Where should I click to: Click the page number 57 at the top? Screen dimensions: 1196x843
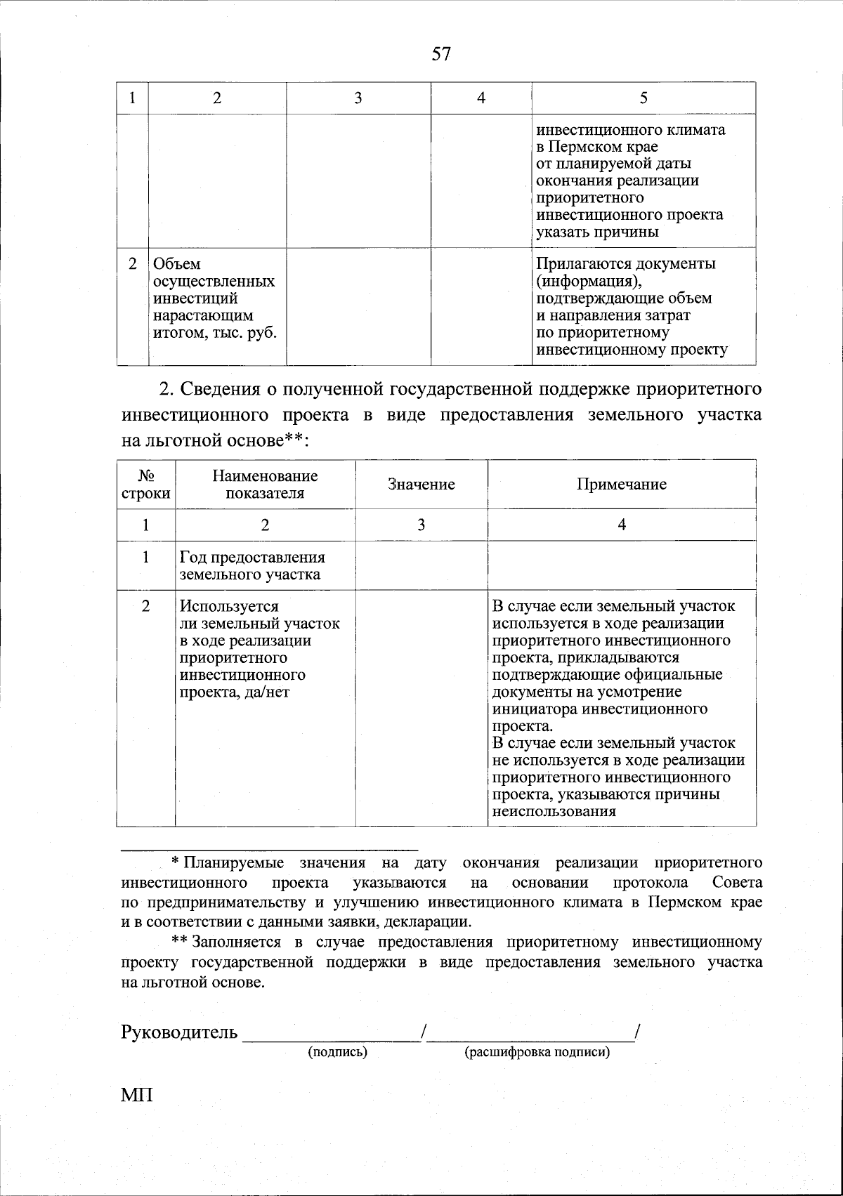440,54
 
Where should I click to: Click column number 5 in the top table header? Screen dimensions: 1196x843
643,98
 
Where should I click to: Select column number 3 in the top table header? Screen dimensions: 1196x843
358,98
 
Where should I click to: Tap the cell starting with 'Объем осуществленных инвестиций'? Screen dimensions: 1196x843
214,298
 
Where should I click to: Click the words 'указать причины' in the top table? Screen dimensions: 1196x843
597,232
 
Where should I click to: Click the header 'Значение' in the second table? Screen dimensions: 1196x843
421,485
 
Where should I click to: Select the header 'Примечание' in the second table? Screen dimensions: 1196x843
622,485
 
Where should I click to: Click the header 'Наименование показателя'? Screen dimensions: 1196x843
265,485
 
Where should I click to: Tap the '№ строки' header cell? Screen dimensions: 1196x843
146,485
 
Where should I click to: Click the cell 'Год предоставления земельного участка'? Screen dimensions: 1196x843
252,565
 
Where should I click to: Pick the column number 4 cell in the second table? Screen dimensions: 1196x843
622,525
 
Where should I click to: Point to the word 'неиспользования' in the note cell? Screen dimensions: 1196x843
554,812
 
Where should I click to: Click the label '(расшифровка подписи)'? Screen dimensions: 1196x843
537,1052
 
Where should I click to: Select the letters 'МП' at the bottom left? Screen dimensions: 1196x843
137,1095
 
